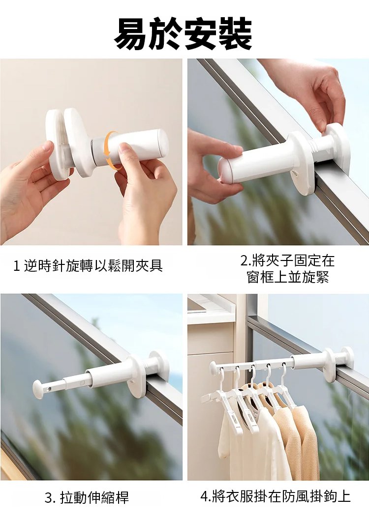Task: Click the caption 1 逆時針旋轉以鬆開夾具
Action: point(88,266)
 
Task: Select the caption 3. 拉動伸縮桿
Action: point(87,497)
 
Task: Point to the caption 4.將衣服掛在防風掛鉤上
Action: point(276,496)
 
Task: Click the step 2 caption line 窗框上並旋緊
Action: point(288,277)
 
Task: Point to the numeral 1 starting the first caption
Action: point(16,266)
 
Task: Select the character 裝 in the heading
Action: point(235,34)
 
